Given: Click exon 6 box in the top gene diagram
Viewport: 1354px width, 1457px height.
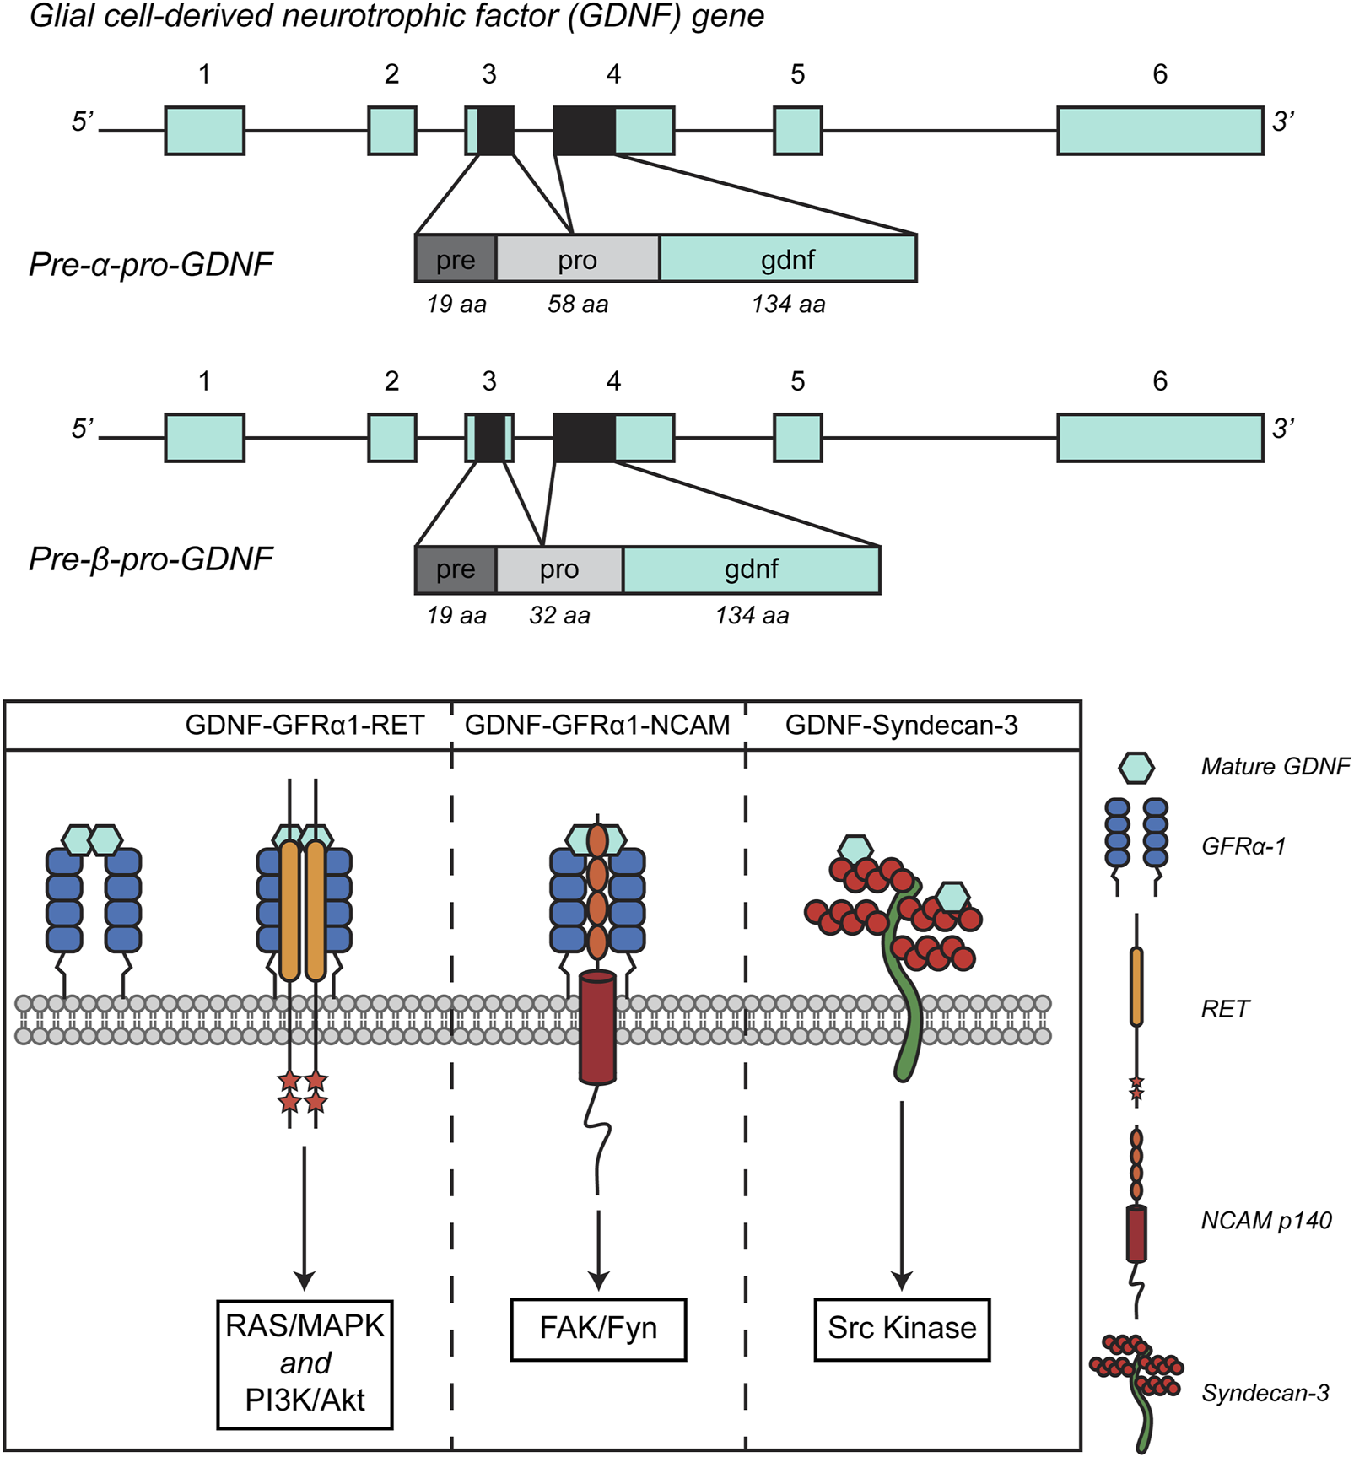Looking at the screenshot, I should coord(1160,131).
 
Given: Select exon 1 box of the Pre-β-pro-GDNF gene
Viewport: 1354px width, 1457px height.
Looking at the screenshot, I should coord(204,438).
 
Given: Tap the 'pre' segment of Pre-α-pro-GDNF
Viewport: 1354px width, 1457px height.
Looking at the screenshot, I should coord(456,259).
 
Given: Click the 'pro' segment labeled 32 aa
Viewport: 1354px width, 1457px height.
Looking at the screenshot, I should coord(559,570).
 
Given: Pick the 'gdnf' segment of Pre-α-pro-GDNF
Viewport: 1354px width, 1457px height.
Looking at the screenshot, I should coord(787,259).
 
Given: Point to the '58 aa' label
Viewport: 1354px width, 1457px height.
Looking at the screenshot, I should coord(578,305).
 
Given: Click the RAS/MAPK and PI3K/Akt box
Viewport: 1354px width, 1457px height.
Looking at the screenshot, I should coord(305,1363).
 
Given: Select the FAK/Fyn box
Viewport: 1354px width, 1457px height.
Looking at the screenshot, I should coord(598,1329).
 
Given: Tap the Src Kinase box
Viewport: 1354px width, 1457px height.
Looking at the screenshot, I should coord(902,1329).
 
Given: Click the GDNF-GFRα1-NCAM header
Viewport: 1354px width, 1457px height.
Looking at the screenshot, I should coord(597,726).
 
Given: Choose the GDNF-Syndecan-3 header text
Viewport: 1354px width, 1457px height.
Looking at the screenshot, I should coord(901,726).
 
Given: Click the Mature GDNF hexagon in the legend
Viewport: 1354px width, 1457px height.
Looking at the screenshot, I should coord(1136,767).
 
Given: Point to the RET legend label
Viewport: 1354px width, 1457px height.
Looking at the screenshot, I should coord(1225,1009).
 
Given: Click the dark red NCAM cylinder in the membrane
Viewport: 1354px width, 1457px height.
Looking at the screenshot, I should coord(597,1027).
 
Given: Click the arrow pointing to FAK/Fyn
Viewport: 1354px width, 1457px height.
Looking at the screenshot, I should coord(598,1249).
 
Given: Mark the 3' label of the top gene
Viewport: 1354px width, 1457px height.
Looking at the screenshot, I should coord(1283,122).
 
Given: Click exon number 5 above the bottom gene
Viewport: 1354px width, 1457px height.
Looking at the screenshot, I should coord(797,381).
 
